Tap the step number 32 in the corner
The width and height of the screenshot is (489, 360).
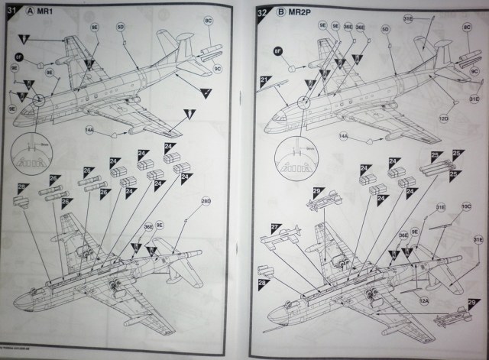point(263,12)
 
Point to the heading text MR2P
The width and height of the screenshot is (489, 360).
point(304,13)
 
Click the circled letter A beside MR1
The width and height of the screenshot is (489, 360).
point(31,11)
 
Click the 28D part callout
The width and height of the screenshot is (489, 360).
point(206,201)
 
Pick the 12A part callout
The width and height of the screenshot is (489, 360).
point(423,300)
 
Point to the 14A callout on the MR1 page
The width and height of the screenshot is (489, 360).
point(90,132)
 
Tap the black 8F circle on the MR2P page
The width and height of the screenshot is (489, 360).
point(279,52)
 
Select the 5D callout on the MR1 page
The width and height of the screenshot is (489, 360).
point(120,27)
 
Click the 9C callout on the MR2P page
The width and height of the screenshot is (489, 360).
point(474,71)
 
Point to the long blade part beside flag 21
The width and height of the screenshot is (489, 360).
point(290,92)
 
